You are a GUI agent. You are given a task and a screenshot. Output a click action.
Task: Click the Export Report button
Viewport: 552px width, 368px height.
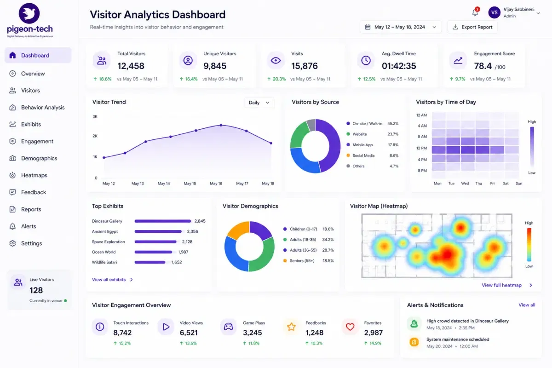point(472,27)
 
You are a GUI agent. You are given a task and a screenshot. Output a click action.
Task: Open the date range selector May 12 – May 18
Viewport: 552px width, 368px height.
point(401,27)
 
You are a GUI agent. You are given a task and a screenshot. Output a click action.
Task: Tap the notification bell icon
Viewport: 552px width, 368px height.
point(475,12)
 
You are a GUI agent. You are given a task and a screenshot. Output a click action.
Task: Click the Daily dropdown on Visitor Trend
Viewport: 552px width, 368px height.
point(259,103)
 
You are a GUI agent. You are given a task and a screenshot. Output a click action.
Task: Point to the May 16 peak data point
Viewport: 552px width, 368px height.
point(221,125)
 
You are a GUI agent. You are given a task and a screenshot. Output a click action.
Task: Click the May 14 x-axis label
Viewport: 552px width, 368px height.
point(164,184)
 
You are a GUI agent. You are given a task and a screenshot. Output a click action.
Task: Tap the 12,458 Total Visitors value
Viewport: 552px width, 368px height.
point(131,66)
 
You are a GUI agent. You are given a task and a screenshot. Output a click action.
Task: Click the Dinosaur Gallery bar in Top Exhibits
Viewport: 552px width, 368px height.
point(163,221)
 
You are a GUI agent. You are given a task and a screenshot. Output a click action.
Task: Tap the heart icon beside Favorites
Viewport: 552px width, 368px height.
point(350,327)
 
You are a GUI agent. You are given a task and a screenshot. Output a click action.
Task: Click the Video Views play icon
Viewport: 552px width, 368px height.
point(166,327)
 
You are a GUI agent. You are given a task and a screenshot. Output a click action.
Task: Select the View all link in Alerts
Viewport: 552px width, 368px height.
point(527,305)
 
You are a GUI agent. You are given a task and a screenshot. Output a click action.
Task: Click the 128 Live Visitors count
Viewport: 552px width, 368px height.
point(36,290)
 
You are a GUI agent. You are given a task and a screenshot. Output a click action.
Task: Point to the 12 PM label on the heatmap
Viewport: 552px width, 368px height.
point(421,148)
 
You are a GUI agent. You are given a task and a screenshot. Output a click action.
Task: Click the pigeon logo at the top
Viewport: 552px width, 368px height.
point(29,13)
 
